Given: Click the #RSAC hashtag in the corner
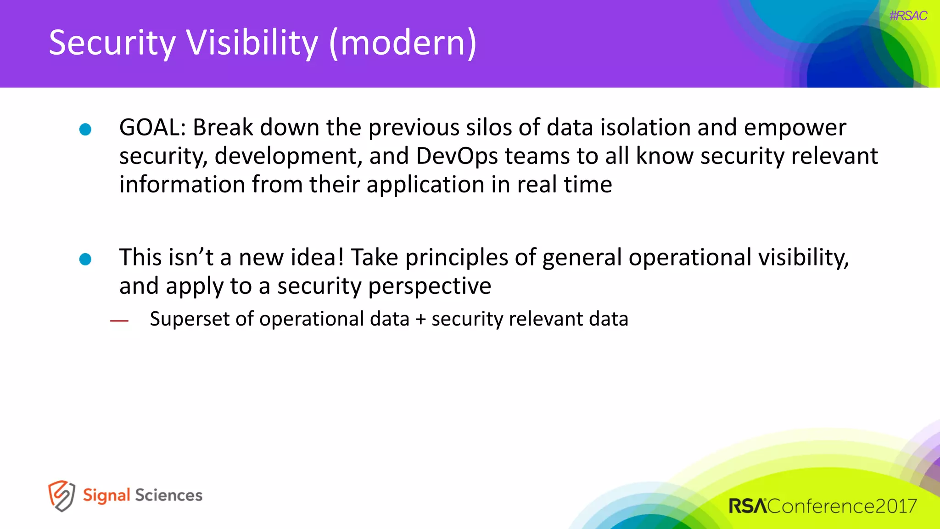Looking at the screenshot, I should click(x=908, y=16).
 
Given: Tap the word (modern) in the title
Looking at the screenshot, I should click(x=403, y=43).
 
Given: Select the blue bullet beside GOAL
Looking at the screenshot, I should click(x=85, y=129).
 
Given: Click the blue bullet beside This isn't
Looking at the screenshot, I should click(x=85, y=259).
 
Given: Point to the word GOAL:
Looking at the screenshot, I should click(x=152, y=127).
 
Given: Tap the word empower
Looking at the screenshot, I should click(x=795, y=128).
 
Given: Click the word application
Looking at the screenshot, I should click(x=425, y=185).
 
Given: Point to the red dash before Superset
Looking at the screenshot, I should click(x=119, y=321).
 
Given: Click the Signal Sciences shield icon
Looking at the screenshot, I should click(x=61, y=496).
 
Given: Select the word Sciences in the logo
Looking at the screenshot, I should click(x=168, y=495).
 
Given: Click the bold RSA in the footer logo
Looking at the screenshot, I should click(x=747, y=506).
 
